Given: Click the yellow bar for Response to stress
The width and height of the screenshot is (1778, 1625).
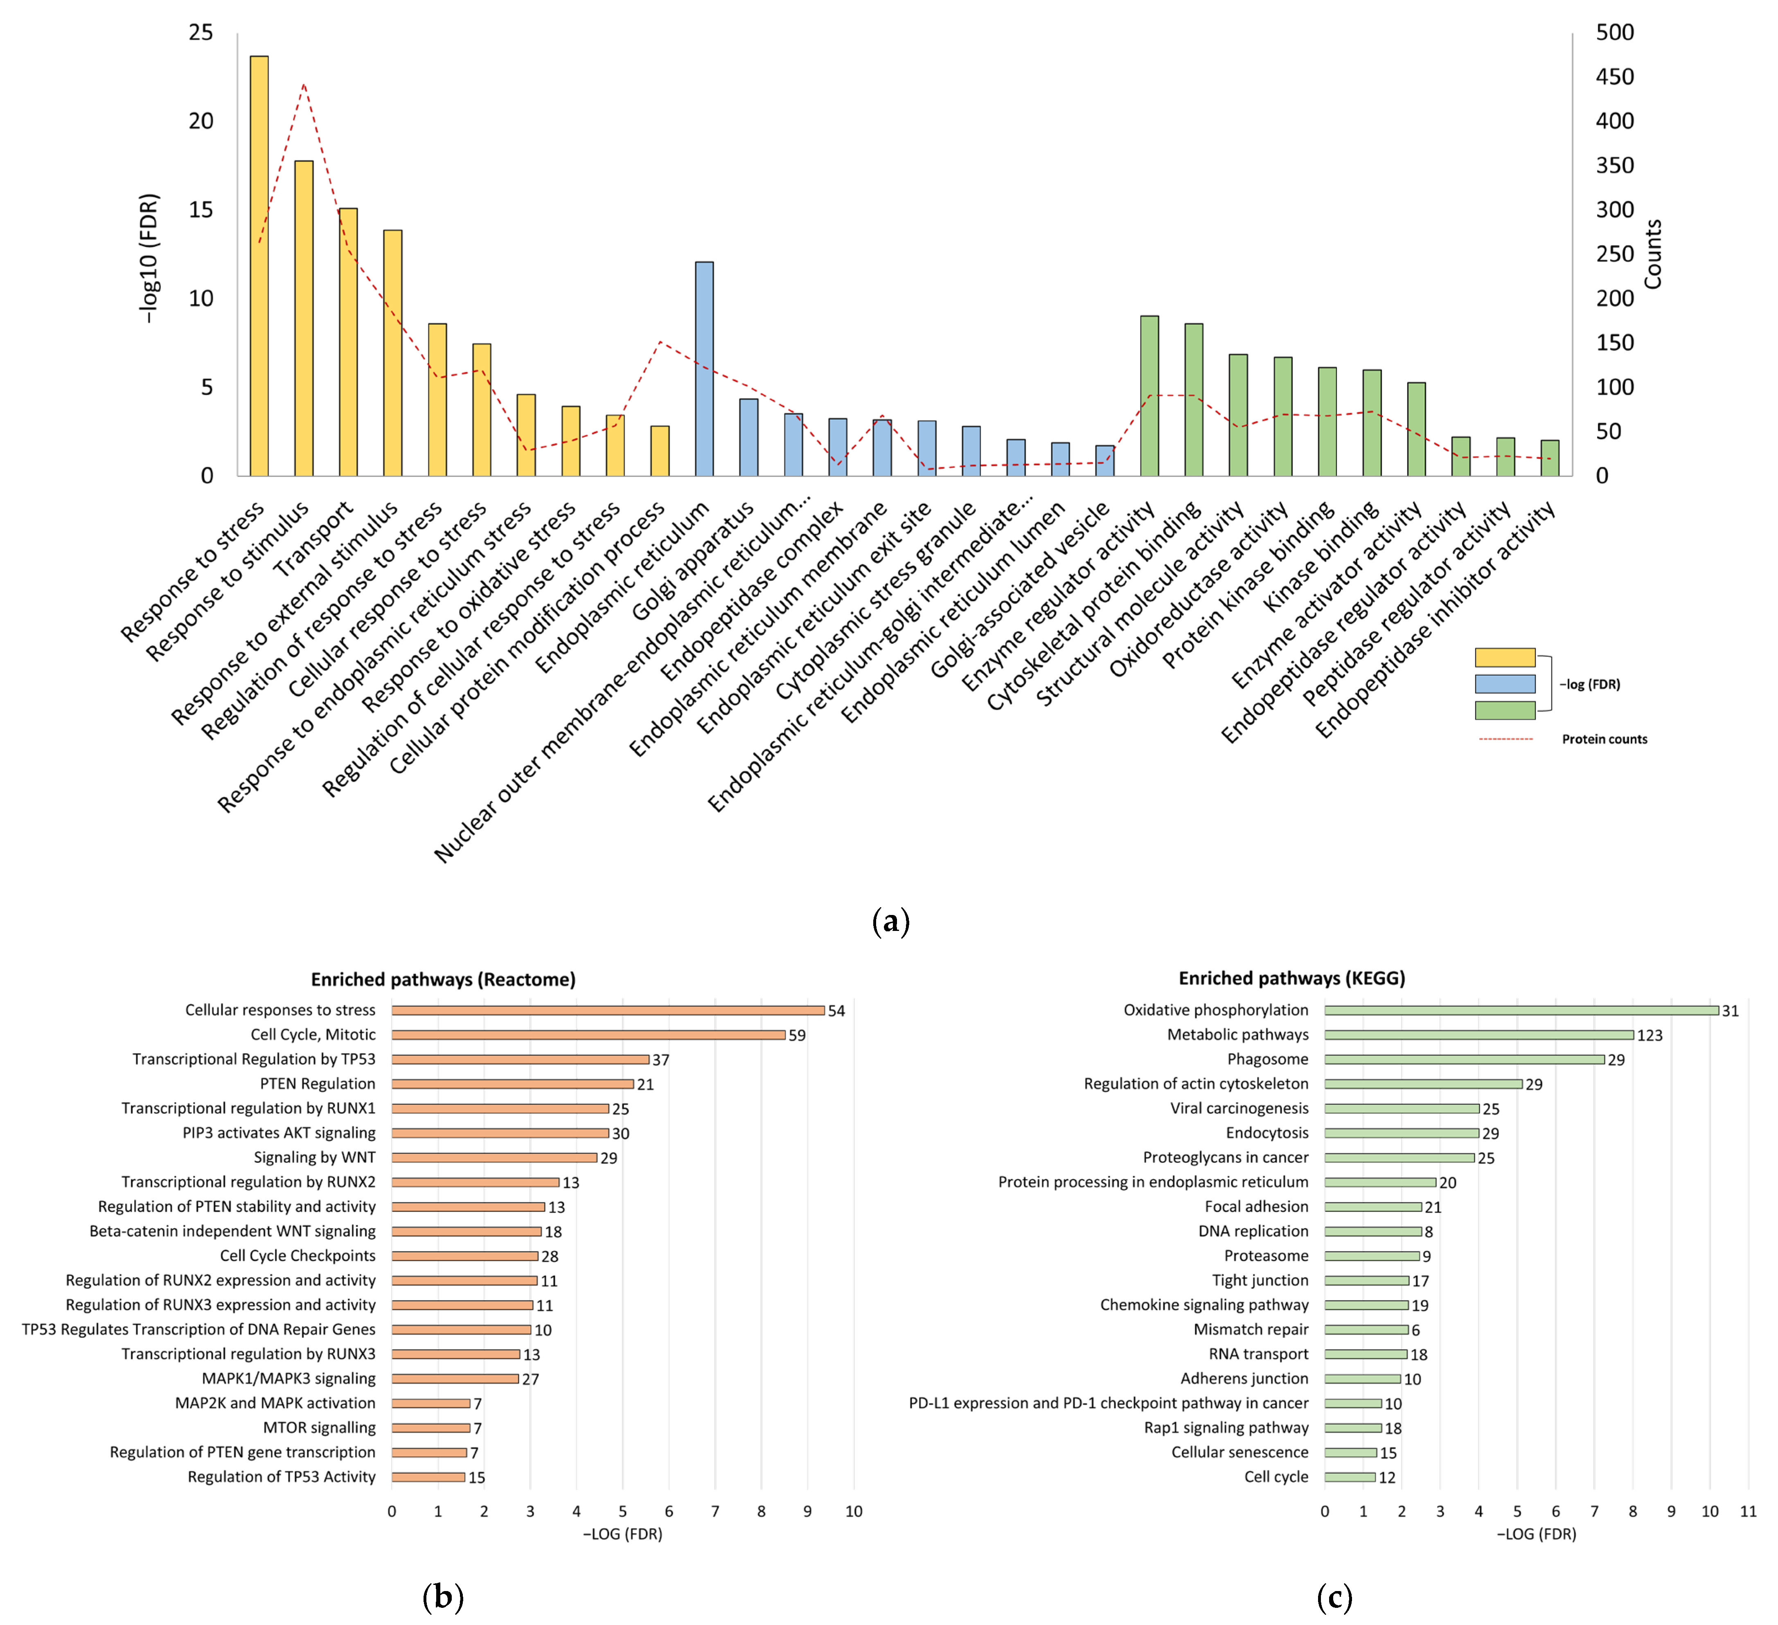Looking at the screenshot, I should (259, 265).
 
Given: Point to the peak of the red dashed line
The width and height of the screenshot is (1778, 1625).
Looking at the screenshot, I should (303, 85).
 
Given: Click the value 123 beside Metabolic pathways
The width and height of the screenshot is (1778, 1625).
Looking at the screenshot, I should (1649, 1035).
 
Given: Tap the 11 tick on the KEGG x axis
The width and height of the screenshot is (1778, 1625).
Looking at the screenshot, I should (1747, 1511).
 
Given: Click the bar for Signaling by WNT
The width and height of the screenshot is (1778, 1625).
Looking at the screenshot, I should (494, 1158).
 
